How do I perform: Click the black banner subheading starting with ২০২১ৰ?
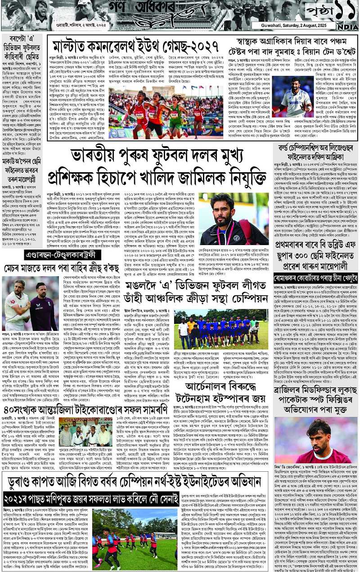[x=95, y=498]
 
